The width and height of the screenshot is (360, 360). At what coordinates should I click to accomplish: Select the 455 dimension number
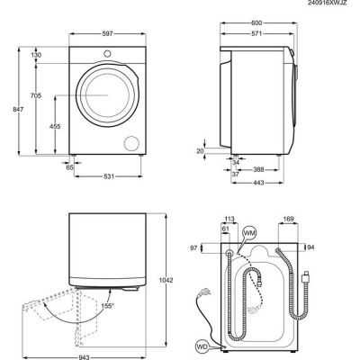click(x=55, y=127)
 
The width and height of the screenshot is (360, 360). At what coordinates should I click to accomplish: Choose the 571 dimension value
click(x=256, y=34)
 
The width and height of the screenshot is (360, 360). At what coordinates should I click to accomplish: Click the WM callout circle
click(x=249, y=234)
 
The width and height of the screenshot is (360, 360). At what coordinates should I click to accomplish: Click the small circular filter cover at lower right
click(x=134, y=143)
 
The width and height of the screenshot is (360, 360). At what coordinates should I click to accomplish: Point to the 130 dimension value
click(x=36, y=55)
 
